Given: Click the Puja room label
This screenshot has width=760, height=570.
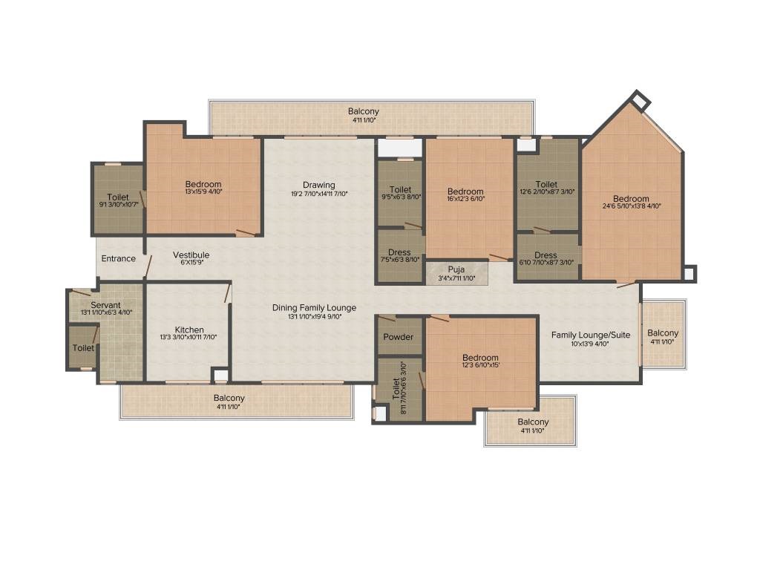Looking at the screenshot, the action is [x=456, y=269].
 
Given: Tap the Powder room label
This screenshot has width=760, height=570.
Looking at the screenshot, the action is [x=399, y=337].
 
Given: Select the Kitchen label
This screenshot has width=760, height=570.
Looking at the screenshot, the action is [x=189, y=330].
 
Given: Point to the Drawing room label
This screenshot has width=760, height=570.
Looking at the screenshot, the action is [x=319, y=185].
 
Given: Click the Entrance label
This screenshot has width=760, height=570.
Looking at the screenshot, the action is [x=118, y=259].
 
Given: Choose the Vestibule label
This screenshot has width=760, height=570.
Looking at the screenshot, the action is [x=191, y=255].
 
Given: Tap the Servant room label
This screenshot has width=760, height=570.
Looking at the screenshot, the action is [x=105, y=305].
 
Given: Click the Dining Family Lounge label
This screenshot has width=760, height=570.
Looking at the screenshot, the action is [x=314, y=308].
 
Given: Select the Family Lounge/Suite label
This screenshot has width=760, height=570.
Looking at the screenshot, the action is [x=591, y=335].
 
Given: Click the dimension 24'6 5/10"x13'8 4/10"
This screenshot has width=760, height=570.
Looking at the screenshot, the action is [x=632, y=206].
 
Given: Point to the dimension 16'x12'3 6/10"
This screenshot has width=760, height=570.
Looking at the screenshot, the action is [x=465, y=199].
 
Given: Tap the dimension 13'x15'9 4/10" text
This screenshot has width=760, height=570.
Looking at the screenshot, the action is [x=203, y=191].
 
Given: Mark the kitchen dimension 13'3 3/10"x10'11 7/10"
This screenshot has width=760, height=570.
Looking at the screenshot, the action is [x=189, y=337].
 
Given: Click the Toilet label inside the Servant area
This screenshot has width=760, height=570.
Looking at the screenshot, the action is [x=83, y=348].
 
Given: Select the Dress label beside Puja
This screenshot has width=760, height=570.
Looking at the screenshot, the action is [x=399, y=252].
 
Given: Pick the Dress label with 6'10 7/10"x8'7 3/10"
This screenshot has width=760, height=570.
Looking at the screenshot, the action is [x=546, y=255].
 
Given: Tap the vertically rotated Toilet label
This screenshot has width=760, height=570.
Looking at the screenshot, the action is [x=396, y=389].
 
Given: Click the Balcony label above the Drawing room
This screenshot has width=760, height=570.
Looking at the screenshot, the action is [x=364, y=111].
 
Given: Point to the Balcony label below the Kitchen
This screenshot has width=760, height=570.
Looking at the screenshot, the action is [x=229, y=398].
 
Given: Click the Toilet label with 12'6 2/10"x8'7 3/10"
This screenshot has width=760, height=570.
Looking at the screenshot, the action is [x=546, y=184].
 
